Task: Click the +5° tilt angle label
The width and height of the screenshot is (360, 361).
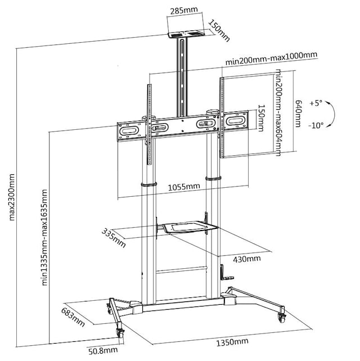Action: pyautogui.click(x=316, y=103)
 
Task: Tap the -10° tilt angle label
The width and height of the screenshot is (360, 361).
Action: pyautogui.click(x=316, y=125)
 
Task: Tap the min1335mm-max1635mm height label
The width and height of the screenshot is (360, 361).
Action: pyautogui.click(x=45, y=237)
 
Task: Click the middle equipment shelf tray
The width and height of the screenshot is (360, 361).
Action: pyautogui.click(x=186, y=228)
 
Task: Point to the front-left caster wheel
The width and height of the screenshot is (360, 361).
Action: pyautogui.click(x=120, y=333)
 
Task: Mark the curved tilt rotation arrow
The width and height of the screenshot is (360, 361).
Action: pyautogui.click(x=332, y=115)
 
